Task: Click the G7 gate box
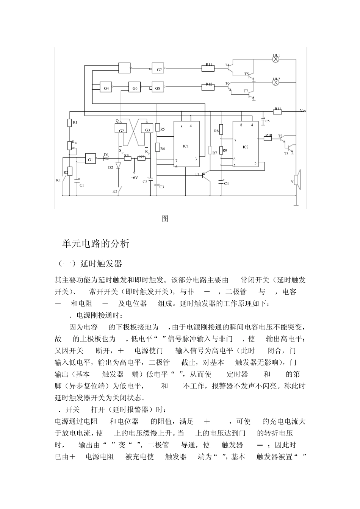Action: point(158,68)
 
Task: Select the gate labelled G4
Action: point(106,87)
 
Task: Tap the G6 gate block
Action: point(135,87)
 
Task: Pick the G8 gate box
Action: point(158,87)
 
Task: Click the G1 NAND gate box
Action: point(91,159)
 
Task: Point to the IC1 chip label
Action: point(186,146)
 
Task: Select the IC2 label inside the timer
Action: point(246,147)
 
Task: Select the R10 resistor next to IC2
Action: point(268,138)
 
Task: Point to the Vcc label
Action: point(303,111)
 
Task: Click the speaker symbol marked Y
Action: point(297,180)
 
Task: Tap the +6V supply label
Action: point(134,177)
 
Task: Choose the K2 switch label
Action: point(115,192)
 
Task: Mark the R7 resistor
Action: point(210,150)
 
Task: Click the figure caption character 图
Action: point(165,219)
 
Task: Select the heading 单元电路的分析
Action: point(96,244)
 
